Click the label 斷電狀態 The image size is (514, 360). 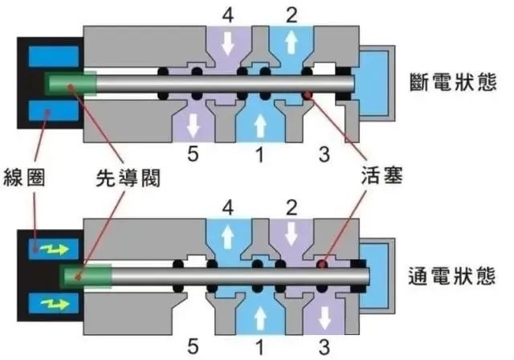[x=453, y=84]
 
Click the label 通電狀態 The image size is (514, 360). [x=453, y=276]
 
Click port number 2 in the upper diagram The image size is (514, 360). [x=291, y=14]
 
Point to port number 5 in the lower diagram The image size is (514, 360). [x=194, y=346]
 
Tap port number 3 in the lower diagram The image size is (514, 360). [x=324, y=346]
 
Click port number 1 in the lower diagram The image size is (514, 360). [x=259, y=346]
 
